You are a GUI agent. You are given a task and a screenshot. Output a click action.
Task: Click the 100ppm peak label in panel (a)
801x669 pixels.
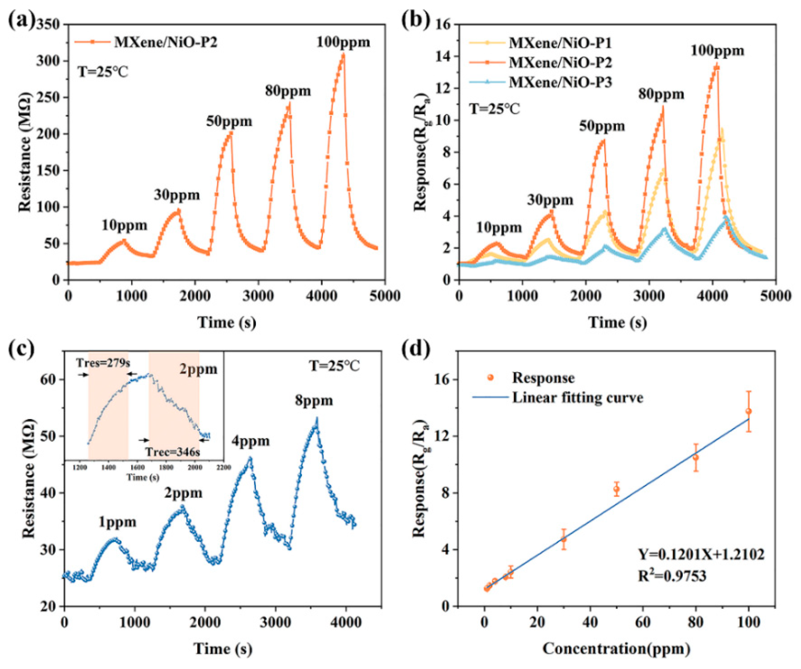click(x=343, y=42)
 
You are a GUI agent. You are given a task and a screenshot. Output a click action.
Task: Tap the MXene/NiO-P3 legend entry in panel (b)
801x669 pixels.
click(x=560, y=82)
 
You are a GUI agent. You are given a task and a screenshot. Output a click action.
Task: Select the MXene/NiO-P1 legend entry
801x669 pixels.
click(x=560, y=43)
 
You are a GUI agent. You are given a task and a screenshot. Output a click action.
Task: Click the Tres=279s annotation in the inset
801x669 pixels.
click(x=103, y=363)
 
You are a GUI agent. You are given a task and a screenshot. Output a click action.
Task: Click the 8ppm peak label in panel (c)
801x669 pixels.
click(x=314, y=401)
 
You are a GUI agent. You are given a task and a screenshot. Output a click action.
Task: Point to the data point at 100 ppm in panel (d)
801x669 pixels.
click(x=748, y=411)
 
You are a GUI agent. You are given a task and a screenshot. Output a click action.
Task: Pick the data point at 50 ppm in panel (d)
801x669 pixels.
click(x=616, y=489)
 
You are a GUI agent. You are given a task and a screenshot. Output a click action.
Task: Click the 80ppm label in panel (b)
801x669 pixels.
click(x=661, y=94)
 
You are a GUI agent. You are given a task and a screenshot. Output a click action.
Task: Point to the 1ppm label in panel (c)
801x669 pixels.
click(x=117, y=522)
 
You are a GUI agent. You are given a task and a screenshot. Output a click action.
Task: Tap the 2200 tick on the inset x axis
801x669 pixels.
click(x=223, y=468)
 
